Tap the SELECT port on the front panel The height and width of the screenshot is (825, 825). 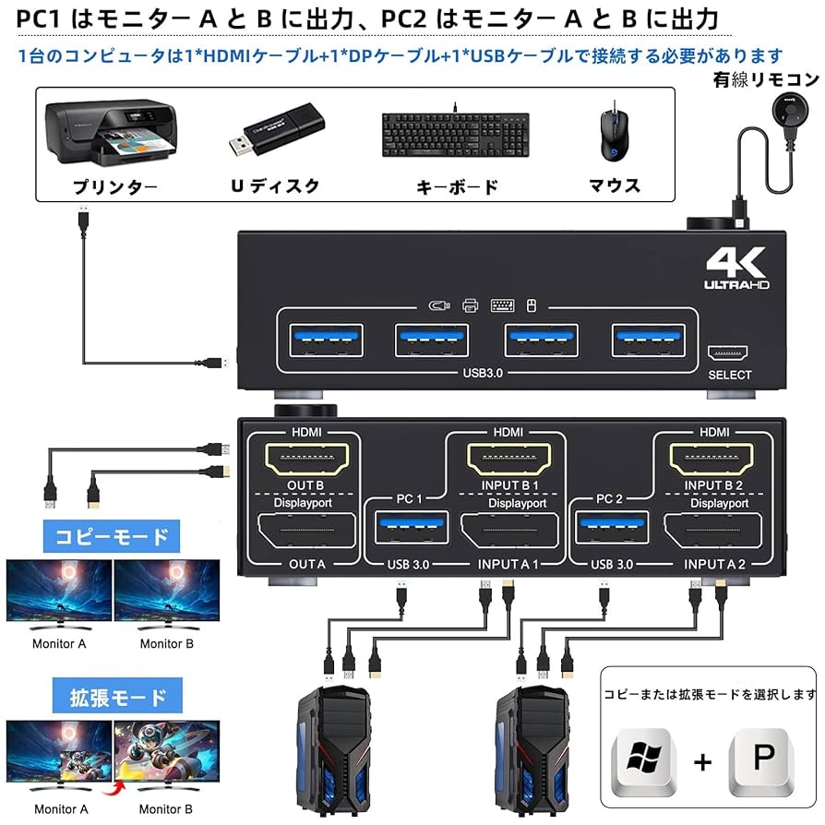pyautogui.click(x=729, y=354)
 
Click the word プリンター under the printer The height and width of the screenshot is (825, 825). pyautogui.click(x=115, y=187)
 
